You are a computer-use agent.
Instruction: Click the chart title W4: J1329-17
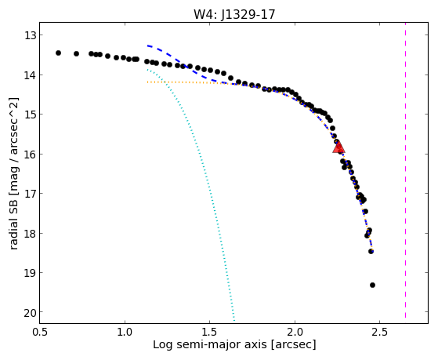pos(234,14)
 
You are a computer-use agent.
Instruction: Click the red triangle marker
pos(338,147)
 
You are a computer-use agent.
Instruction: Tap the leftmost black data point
pos(58,53)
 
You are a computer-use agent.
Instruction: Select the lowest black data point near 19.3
pos(372,285)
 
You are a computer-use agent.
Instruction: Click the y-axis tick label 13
pos(29,35)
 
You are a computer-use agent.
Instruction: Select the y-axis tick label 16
pos(29,155)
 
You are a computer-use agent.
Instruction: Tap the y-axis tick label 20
pos(29,312)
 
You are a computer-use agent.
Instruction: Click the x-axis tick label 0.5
pos(40,332)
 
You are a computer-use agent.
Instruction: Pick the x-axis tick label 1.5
pos(209,332)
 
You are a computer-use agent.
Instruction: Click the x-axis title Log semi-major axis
pos(209,345)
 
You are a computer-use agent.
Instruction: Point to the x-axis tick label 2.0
pos(295,332)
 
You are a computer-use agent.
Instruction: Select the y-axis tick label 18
pos(29,233)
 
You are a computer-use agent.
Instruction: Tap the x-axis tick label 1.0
pos(125,332)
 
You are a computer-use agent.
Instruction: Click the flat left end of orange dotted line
pos(148,82)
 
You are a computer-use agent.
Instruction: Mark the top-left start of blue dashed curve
pos(148,45)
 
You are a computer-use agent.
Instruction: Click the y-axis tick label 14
pos(29,75)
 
